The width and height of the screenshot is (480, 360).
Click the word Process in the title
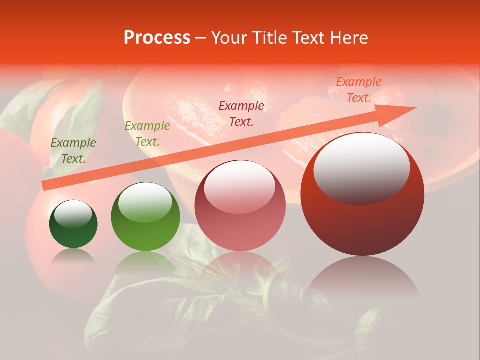click(x=157, y=38)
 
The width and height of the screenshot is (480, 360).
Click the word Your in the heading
click(x=230, y=38)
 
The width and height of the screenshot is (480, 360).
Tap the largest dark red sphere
click(x=362, y=200)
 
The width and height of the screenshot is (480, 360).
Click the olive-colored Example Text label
click(x=73, y=151)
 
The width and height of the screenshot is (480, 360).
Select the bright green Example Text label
click(x=147, y=134)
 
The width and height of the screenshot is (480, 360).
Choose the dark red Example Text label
click(x=241, y=114)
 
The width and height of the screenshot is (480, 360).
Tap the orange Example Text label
click(x=359, y=90)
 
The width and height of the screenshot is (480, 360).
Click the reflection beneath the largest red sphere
click(x=362, y=280)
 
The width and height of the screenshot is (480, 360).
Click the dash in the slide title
click(x=201, y=38)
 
